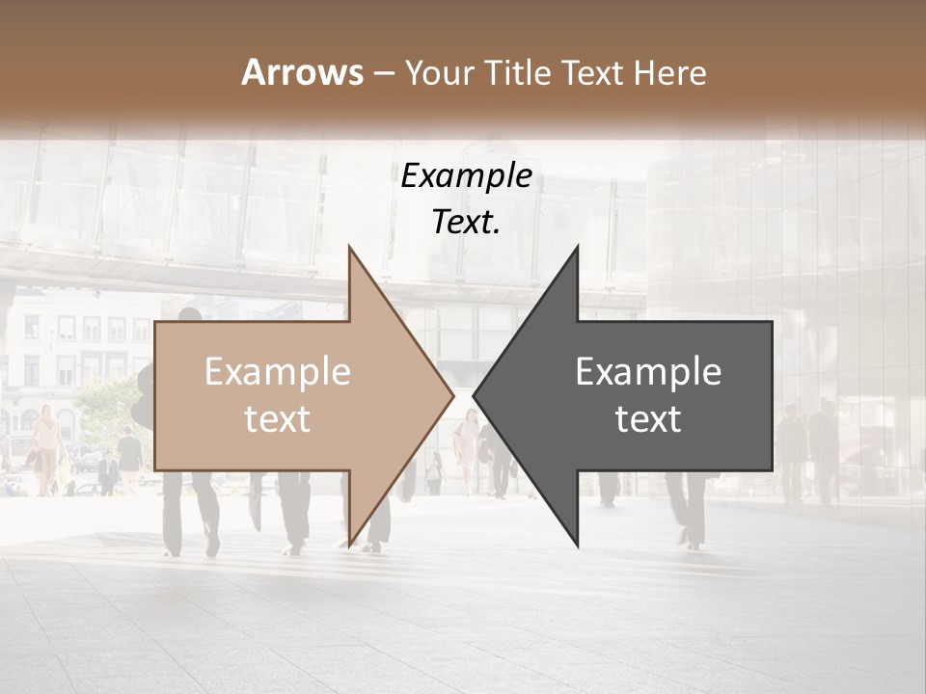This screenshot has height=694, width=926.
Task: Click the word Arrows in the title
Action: [x=302, y=72]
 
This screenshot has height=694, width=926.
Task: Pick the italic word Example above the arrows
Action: [x=466, y=176]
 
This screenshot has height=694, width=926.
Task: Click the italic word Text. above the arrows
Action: [x=466, y=222]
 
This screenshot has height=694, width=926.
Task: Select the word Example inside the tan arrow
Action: [x=278, y=372]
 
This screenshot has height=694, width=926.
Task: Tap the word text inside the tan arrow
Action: [x=278, y=419]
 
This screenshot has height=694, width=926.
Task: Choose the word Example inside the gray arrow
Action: [x=648, y=372]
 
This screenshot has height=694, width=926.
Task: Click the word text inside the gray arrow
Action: [x=648, y=419]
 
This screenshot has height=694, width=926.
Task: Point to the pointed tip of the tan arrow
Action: [x=452, y=394]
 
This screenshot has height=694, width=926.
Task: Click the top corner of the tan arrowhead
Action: [x=349, y=247]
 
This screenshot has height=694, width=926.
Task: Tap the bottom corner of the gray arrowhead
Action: [x=578, y=546]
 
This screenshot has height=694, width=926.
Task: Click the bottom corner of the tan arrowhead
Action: [x=349, y=546]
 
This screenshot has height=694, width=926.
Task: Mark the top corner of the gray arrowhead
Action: [x=578, y=247]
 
